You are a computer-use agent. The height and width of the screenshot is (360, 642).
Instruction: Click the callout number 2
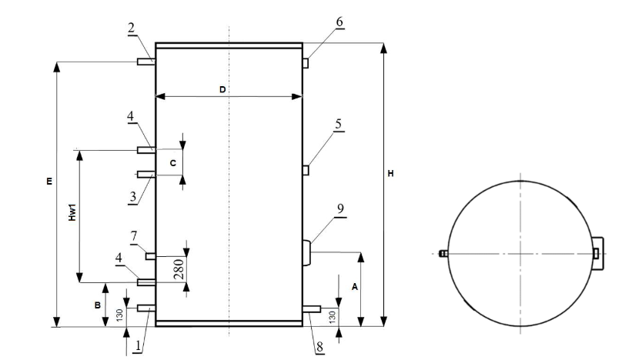pyautogui.click(x=132, y=28)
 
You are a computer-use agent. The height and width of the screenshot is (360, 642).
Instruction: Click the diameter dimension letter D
pyautogui.click(x=222, y=90)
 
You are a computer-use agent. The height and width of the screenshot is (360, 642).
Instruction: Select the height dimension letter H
pyautogui.click(x=391, y=174)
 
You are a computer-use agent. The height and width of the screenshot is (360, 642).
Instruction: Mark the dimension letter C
pyautogui.click(x=172, y=163)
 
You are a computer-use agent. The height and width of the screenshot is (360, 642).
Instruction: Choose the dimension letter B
pyautogui.click(x=97, y=305)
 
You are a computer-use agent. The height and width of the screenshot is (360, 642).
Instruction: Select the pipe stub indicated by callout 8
pyautogui.click(x=311, y=308)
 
